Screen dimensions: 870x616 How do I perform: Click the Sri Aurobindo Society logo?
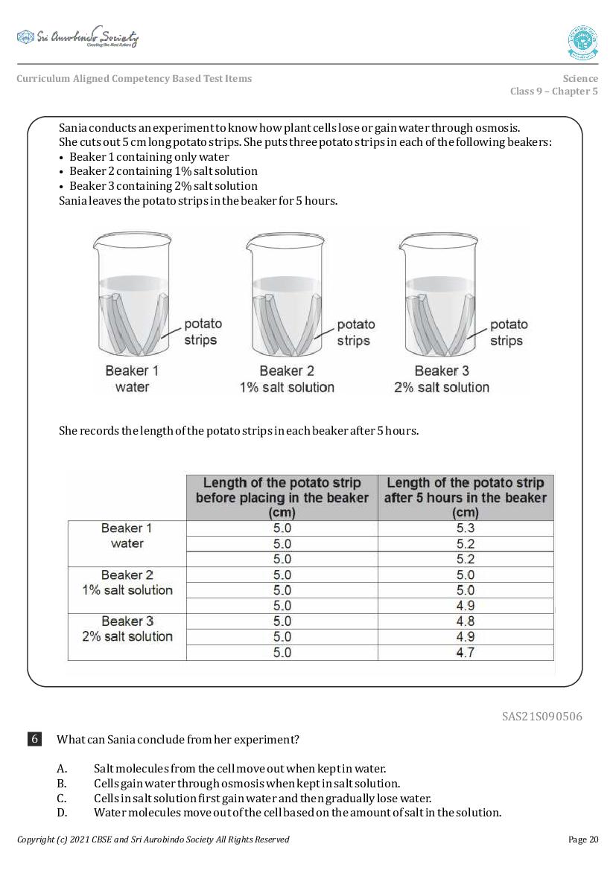[x=77, y=37]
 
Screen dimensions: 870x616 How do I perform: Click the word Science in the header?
[x=580, y=78]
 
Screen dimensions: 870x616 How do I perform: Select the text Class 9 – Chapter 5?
[x=553, y=92]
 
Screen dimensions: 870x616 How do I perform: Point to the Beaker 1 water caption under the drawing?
[x=132, y=379]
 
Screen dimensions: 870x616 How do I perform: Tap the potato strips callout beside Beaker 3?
[x=508, y=332]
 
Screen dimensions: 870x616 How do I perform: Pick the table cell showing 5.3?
[x=466, y=528]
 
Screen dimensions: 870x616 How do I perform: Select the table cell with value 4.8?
[x=466, y=621]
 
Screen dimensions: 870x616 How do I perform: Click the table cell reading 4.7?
[x=466, y=653]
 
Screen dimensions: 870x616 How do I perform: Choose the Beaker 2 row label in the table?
[x=127, y=582]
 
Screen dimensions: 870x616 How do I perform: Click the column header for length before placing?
[x=282, y=497]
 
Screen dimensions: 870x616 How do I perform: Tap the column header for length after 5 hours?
[x=466, y=497]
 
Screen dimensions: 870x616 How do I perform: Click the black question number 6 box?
[x=34, y=739]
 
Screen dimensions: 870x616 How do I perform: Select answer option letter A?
[x=62, y=768]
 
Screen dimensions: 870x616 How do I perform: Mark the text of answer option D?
[x=297, y=812]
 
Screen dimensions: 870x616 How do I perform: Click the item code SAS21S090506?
[x=542, y=717]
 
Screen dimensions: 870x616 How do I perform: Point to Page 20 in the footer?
[x=582, y=839]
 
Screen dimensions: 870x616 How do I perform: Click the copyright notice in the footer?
[x=153, y=839]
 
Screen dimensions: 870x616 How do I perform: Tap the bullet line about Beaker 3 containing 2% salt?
[x=163, y=186]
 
